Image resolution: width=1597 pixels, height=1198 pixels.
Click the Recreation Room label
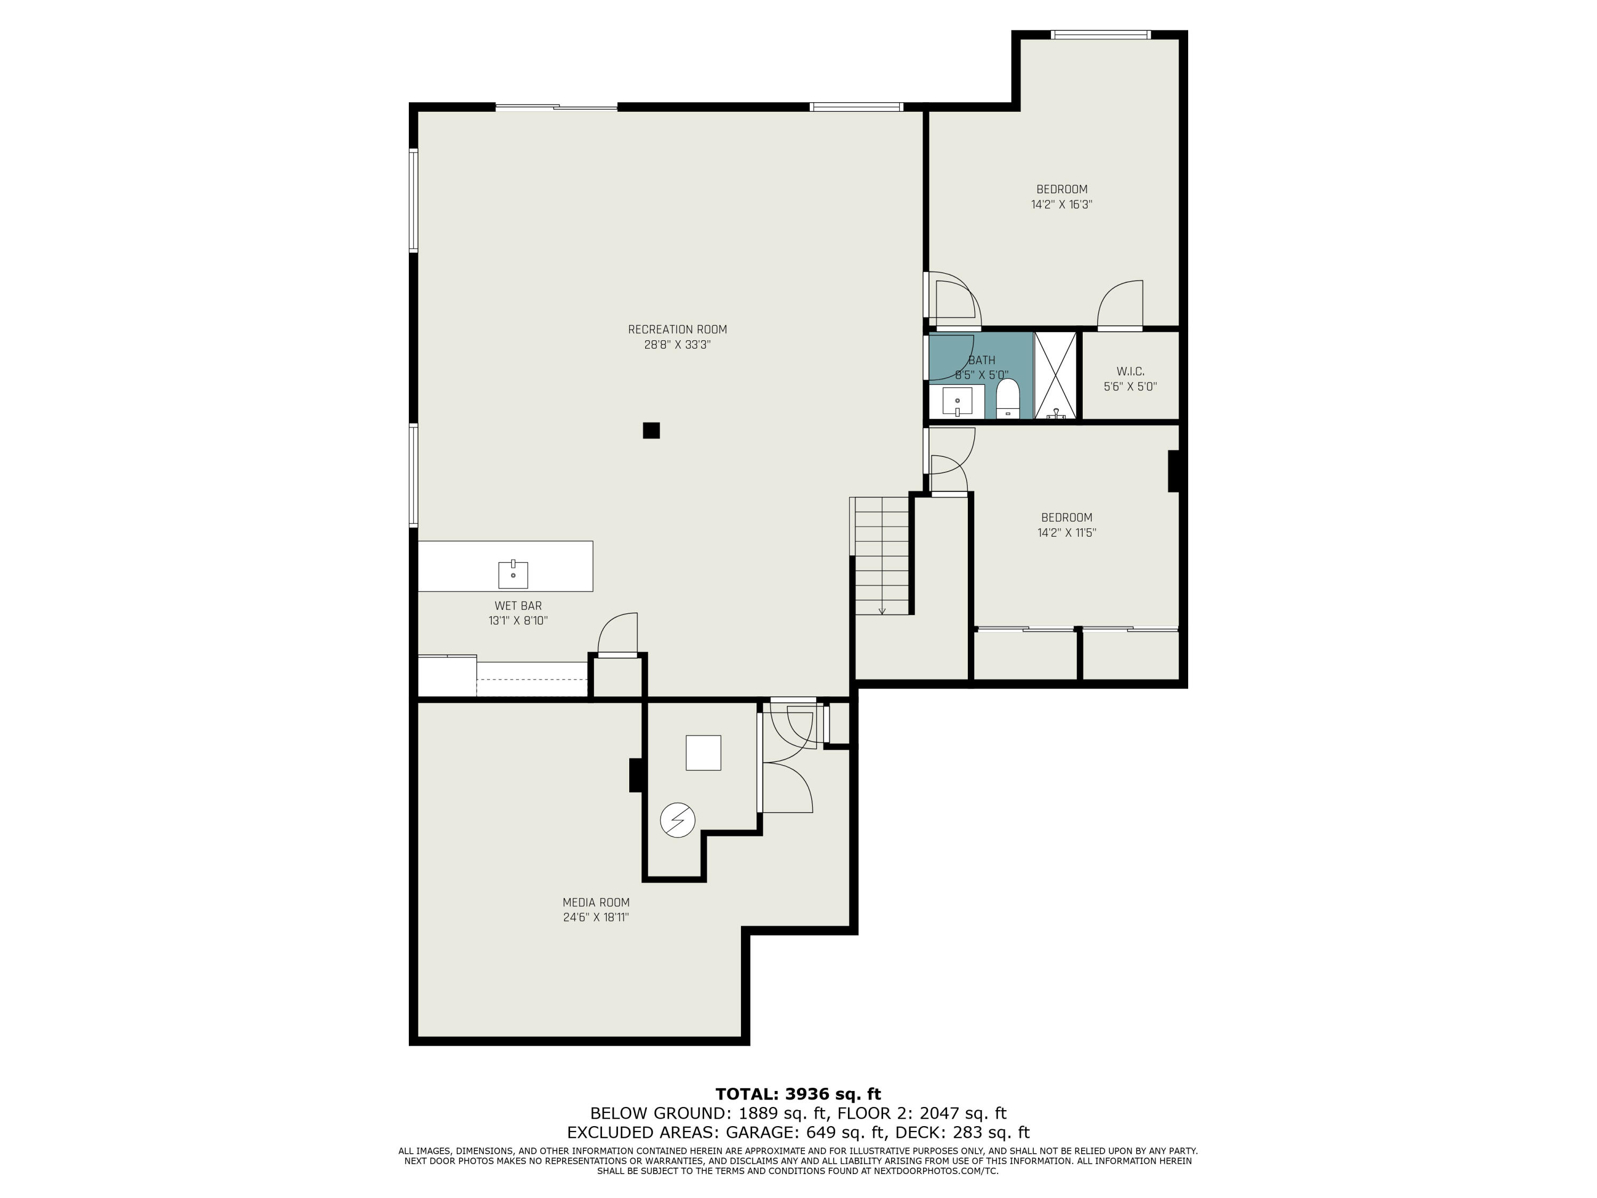677,329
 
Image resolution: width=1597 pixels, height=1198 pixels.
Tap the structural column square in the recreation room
651,430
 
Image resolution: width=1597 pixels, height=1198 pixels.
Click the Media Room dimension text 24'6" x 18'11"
596,917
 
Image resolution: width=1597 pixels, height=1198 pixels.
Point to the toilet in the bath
1007,399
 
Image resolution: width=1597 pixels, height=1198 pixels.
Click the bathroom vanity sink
957,401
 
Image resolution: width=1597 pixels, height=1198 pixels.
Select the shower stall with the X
1056,375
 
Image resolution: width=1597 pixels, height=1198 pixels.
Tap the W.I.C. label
1130,371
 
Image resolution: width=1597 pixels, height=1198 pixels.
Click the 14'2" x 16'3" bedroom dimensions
1061,204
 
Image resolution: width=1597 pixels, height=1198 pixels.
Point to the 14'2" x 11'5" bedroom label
1066,517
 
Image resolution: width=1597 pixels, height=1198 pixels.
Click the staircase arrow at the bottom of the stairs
882,610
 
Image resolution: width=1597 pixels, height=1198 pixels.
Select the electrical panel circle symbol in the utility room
677,820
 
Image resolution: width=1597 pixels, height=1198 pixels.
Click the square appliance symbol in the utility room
703,752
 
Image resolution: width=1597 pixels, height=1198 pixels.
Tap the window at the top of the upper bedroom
1100,34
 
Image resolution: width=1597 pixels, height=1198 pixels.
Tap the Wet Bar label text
517,605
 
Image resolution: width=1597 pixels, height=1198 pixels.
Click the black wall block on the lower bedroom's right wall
1174,471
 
